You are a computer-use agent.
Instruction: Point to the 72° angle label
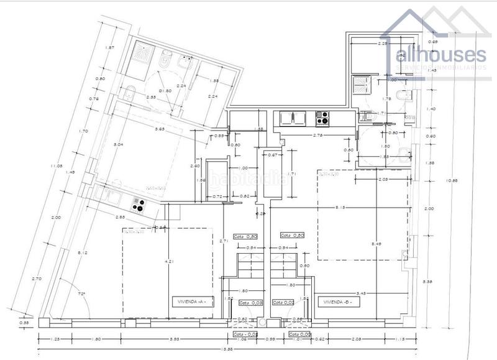81,292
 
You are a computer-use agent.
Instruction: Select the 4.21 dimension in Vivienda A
166,262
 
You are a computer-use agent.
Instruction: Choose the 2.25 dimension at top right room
384,44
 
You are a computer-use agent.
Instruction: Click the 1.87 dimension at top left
109,48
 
